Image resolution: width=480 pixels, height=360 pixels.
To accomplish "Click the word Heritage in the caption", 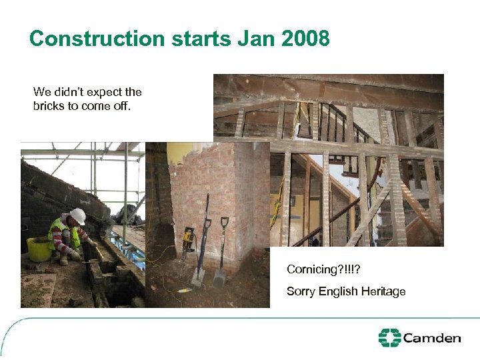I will (382, 291).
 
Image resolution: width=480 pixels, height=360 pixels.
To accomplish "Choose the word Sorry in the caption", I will (301, 291).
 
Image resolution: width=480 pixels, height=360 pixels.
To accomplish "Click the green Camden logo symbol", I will (389, 337).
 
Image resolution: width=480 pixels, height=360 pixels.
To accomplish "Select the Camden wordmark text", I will (432, 338).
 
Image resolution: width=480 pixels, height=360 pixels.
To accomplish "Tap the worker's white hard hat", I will (78, 216).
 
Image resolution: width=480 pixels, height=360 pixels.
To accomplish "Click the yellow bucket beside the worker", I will (39, 249).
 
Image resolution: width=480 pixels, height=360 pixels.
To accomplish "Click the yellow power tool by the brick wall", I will (189, 237).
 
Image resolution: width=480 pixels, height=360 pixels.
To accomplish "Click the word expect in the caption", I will (107, 92).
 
